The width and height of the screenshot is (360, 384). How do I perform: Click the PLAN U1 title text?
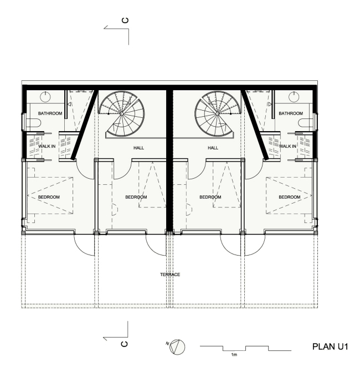(330, 346)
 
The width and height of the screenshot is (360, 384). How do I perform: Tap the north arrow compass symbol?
(177, 347)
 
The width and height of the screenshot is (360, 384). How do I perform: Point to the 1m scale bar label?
(234, 354)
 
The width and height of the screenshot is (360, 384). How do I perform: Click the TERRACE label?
(170, 274)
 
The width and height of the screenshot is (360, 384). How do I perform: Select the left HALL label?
(138, 148)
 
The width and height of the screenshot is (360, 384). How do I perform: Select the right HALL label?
(213, 148)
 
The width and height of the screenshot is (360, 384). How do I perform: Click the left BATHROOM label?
(50, 113)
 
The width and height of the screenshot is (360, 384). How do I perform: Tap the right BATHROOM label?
(291, 113)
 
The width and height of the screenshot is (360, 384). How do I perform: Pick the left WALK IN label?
(47, 146)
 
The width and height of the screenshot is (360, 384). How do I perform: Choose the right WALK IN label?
(287, 146)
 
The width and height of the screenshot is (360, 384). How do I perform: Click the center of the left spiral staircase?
(121, 113)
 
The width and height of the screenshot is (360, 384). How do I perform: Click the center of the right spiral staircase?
(217, 113)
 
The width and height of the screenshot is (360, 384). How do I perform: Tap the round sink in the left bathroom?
(45, 96)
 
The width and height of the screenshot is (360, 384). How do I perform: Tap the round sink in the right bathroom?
(294, 96)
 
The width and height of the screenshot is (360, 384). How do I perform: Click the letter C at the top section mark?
(125, 20)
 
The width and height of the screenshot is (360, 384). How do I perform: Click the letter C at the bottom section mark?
(125, 344)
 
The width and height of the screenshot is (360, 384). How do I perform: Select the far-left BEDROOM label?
(49, 197)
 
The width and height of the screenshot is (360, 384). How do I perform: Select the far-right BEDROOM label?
(290, 197)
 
